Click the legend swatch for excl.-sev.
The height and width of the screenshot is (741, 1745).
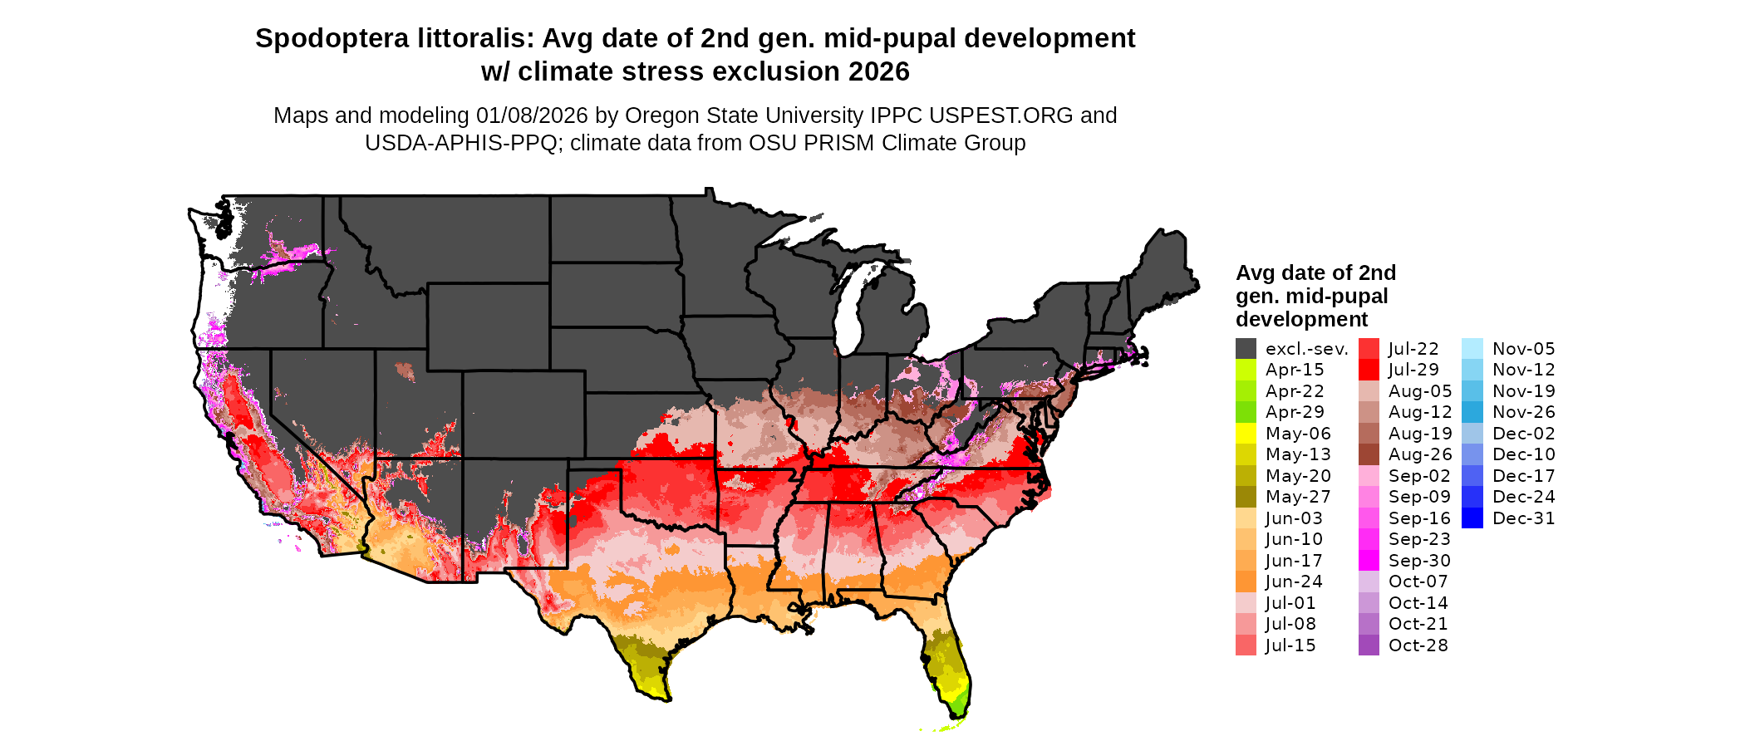(1246, 349)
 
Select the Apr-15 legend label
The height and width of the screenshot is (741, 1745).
(1294, 370)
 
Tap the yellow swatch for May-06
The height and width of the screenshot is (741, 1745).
(1246, 434)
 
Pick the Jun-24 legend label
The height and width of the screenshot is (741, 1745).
(1294, 582)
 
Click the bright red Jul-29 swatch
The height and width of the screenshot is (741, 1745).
(1369, 370)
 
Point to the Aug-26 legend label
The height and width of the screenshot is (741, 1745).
(1420, 454)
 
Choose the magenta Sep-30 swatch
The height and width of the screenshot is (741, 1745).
(1369, 561)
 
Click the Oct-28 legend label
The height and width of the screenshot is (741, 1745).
(1418, 645)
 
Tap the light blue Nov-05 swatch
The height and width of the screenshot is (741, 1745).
(1472, 349)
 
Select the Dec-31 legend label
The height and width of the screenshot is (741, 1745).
(1523, 518)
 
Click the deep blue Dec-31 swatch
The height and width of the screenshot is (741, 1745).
(1472, 518)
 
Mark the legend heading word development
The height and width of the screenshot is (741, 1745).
(1301, 320)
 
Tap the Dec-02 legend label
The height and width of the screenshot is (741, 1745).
(1523, 434)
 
